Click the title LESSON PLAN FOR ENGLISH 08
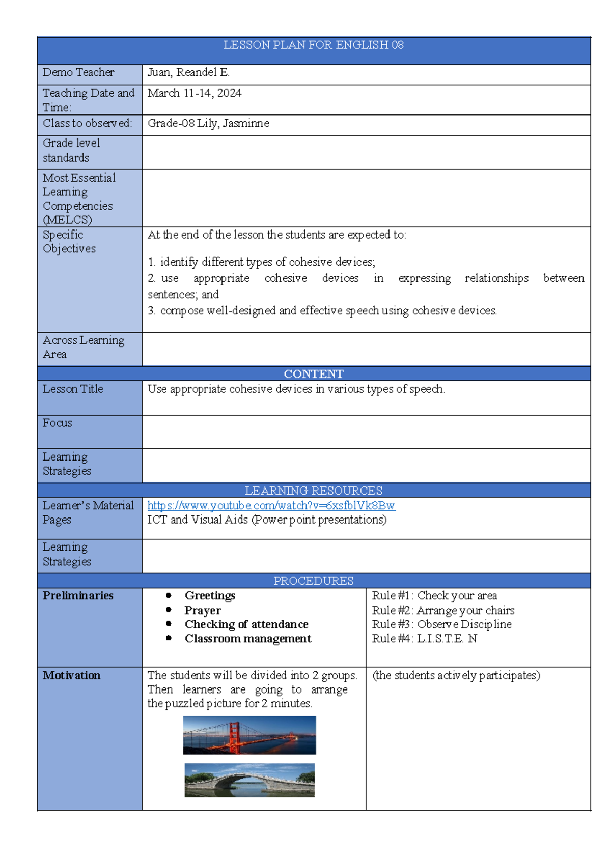(x=313, y=45)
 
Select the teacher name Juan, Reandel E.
(x=188, y=73)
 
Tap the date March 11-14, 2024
(x=194, y=93)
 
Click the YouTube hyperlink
(x=271, y=506)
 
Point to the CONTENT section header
(x=313, y=374)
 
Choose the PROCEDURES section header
(x=313, y=581)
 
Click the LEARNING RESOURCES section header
(x=313, y=491)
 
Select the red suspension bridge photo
(x=249, y=735)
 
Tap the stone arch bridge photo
(x=249, y=780)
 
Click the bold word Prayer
(x=203, y=610)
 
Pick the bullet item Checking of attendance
(x=246, y=624)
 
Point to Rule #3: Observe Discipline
(x=441, y=624)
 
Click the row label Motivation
(x=71, y=676)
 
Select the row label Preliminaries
(x=78, y=596)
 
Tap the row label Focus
(x=57, y=423)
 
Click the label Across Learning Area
(x=83, y=347)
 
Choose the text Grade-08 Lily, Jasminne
(x=208, y=124)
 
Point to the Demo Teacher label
(x=78, y=73)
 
